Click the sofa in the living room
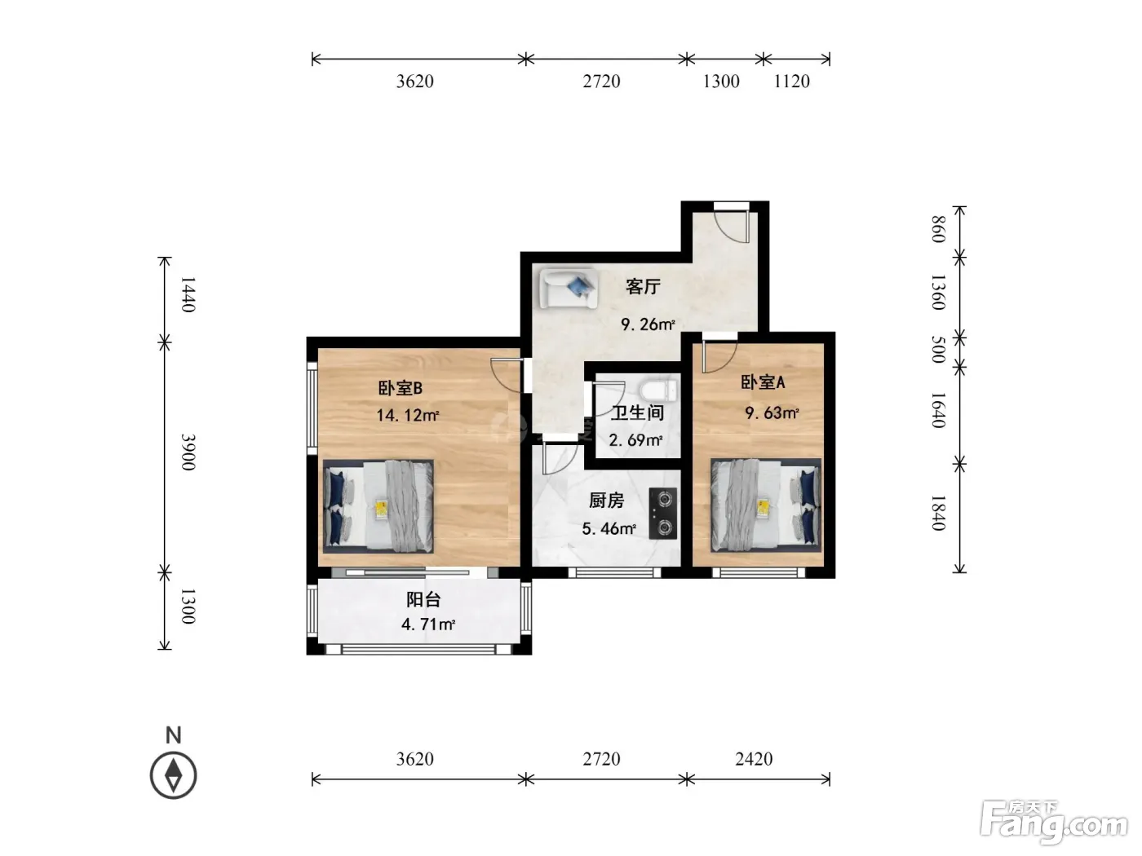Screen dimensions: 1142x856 (x=568, y=288)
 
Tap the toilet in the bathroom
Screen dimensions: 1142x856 (x=658, y=390)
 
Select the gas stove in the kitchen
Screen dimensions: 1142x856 (x=663, y=514)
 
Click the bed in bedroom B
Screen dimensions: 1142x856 (x=378, y=506)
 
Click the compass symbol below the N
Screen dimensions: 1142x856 (x=173, y=775)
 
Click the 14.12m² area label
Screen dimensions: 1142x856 (x=407, y=415)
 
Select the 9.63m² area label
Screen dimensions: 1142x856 (x=772, y=413)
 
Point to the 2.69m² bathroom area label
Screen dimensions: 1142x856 (x=635, y=441)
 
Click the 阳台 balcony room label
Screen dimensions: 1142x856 (x=423, y=600)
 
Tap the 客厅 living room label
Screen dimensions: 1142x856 (x=643, y=286)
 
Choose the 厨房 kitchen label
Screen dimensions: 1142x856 (x=606, y=501)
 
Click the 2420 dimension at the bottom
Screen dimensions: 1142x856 (x=754, y=759)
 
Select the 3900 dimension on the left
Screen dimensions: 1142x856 (x=188, y=452)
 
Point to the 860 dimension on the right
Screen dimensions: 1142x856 (x=938, y=229)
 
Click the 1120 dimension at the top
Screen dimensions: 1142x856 (x=792, y=82)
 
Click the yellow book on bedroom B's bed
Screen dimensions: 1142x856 (x=382, y=508)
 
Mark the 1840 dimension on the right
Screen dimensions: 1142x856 (x=938, y=513)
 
